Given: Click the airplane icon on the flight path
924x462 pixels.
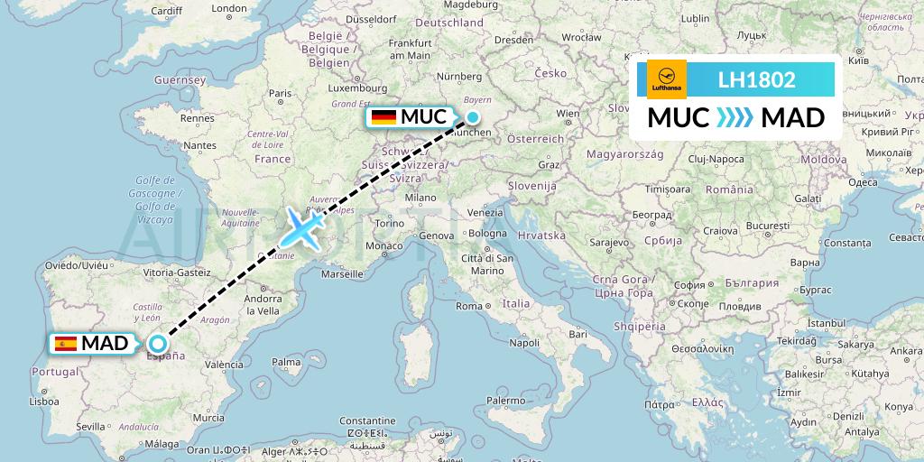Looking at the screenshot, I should tap(303, 226).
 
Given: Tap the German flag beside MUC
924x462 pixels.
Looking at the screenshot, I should tap(383, 117).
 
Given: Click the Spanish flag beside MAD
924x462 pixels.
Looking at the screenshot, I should tap(66, 343).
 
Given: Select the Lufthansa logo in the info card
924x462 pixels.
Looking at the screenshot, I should tap(667, 79).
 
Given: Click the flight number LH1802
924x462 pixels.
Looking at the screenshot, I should tap(756, 79).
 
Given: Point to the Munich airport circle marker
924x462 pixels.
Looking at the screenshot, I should tap(472, 116).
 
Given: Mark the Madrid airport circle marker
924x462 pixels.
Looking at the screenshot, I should tap(158, 343).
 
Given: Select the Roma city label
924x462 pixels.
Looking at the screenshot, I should tap(469, 306).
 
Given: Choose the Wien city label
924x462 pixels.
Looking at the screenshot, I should tap(568, 114).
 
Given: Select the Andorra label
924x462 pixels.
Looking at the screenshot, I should tap(263, 299).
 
